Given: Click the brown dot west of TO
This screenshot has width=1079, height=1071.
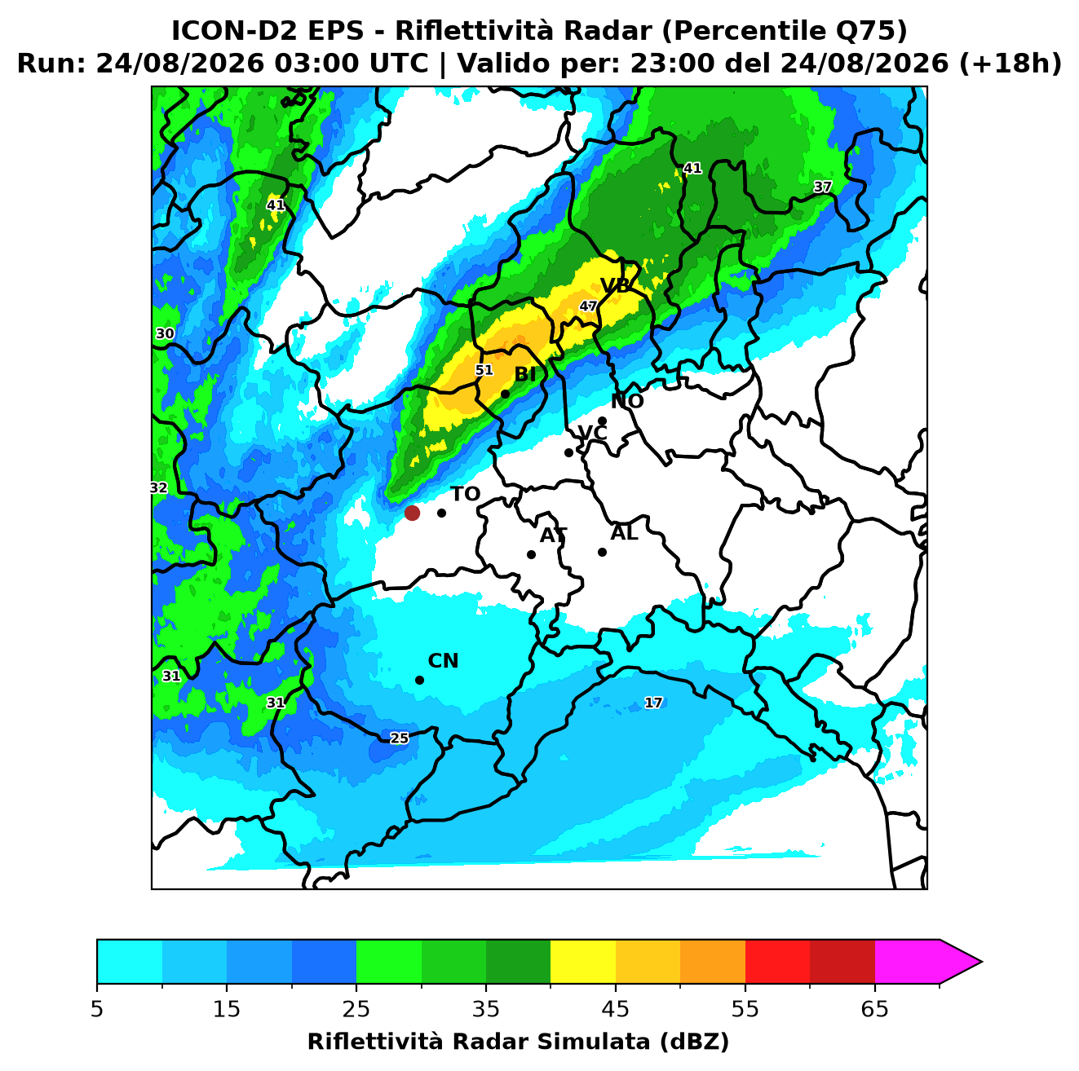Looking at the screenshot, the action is coord(412,512).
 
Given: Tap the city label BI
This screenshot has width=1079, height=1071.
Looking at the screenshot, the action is coord(524,375).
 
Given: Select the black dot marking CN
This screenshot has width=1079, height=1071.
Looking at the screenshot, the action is coord(419,680).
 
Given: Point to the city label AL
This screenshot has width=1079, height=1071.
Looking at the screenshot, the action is coord(624,532).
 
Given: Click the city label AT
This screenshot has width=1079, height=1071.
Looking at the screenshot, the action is coord(553,535).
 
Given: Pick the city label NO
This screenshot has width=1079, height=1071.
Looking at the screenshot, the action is coord(627,401).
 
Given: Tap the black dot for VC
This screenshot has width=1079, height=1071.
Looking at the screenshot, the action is coord(568,452).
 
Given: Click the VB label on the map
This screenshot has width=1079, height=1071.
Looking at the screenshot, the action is coord(616,285).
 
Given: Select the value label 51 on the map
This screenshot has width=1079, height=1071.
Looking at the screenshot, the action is coord(484,370).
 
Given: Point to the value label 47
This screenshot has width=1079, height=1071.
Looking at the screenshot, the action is coord(588,306).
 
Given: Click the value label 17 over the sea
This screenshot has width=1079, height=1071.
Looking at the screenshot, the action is coord(653,703).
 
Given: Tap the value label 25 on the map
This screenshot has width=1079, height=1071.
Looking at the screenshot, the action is coord(400,738).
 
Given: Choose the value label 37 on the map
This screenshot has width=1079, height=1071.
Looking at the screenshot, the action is coord(823,187).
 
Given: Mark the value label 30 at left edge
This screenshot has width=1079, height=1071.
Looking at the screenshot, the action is coord(165,333).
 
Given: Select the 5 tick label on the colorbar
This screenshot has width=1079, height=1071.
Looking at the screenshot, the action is coord(97,1009).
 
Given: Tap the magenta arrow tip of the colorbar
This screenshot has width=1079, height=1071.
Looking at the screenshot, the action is coord(981,962).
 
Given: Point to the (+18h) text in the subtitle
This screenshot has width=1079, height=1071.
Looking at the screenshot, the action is coord(1010,64).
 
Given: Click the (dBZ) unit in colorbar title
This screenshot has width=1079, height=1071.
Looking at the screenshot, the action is coord(694,1042).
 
